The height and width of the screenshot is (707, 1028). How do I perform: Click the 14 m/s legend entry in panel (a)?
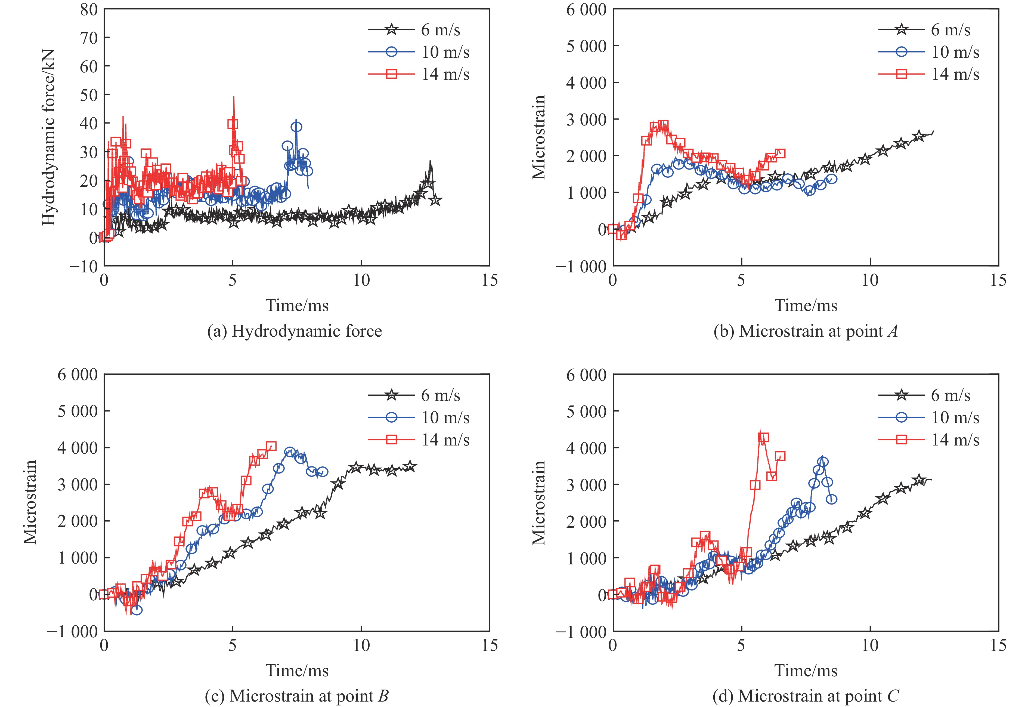pyautogui.click(x=445, y=74)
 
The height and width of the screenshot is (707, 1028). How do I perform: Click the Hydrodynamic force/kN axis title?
pyautogui.click(x=49, y=137)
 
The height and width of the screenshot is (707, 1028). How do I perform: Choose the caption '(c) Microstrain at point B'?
pyautogui.click(x=297, y=696)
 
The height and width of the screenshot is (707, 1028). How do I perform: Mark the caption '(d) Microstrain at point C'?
pyautogui.click(x=806, y=696)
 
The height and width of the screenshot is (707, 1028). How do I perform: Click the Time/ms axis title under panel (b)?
pyautogui.click(x=806, y=305)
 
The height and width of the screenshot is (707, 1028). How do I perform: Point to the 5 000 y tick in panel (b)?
pyautogui.click(x=586, y=46)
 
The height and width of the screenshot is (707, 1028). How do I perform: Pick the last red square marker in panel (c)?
pyautogui.click(x=271, y=446)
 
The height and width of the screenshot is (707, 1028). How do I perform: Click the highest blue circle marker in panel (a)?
pyautogui.click(x=297, y=127)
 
